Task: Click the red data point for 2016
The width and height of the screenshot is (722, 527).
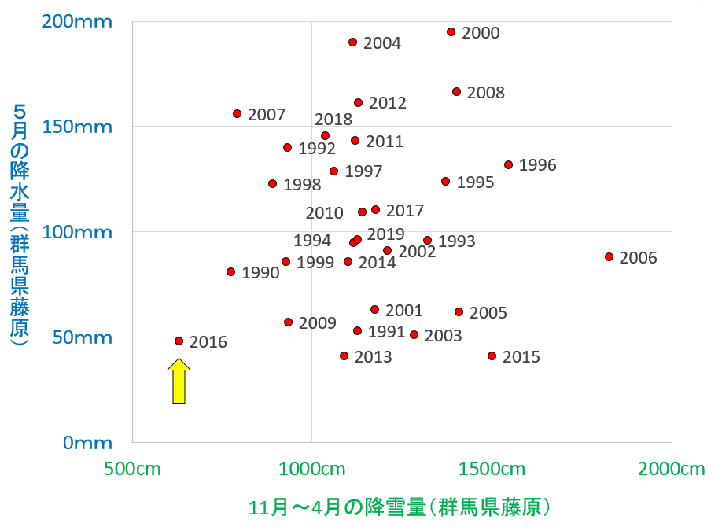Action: click(x=179, y=341)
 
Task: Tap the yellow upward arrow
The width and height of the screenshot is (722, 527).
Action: click(x=179, y=381)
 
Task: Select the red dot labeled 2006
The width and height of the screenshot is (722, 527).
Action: click(x=609, y=256)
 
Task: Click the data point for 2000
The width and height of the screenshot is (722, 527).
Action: click(x=451, y=32)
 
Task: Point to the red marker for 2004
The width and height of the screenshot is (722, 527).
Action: click(x=352, y=42)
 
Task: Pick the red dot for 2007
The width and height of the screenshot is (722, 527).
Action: click(x=237, y=114)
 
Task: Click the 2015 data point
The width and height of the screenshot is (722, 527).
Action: click(x=492, y=356)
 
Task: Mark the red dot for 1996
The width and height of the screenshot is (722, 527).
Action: click(x=508, y=165)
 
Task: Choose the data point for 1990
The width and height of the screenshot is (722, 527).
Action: click(x=230, y=272)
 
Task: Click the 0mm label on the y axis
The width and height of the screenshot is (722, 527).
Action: click(x=88, y=442)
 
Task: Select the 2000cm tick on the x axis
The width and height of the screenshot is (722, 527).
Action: click(x=670, y=470)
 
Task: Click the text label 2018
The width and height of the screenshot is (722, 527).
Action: click(x=333, y=120)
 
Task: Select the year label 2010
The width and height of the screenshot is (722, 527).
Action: click(x=324, y=213)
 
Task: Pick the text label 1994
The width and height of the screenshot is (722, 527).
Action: click(x=312, y=241)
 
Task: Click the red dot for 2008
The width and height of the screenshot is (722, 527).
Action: click(x=456, y=92)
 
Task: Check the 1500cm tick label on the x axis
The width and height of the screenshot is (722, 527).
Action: click(x=492, y=470)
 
